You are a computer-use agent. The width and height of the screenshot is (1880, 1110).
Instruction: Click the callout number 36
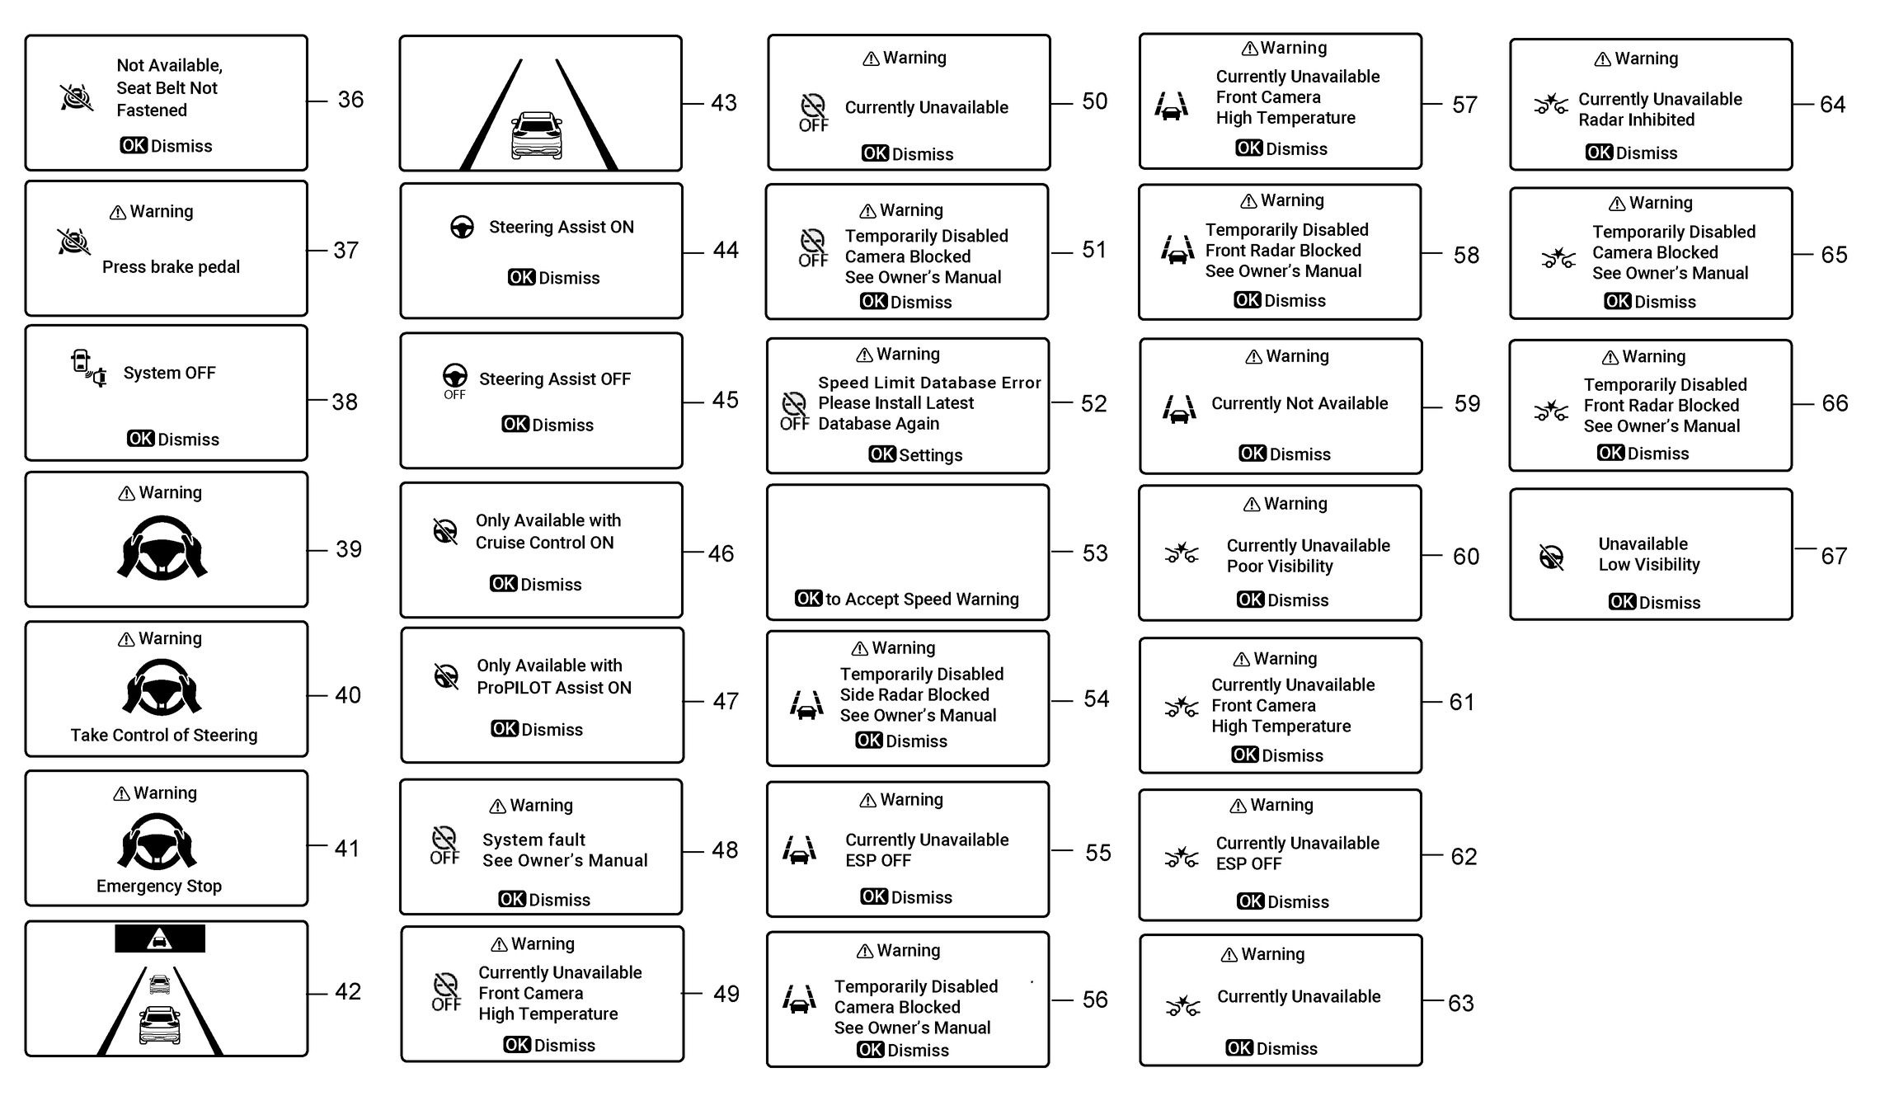pyautogui.click(x=350, y=100)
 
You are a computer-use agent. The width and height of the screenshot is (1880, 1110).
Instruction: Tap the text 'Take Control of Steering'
pyautogui.click(x=164, y=735)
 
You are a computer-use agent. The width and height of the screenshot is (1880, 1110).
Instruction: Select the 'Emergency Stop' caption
pyautogui.click(x=159, y=886)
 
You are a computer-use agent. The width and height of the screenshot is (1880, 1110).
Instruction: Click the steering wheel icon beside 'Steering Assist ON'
pyautogui.click(x=462, y=227)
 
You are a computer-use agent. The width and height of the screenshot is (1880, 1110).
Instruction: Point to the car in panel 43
pyautogui.click(x=537, y=135)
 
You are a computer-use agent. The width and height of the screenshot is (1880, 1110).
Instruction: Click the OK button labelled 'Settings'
pyautogui.click(x=881, y=454)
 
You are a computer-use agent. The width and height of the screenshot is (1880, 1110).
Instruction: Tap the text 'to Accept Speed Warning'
pyautogui.click(x=922, y=599)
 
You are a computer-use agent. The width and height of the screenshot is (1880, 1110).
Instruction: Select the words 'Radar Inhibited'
pyautogui.click(x=1636, y=120)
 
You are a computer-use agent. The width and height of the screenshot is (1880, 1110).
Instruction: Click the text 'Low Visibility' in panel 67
pyautogui.click(x=1649, y=565)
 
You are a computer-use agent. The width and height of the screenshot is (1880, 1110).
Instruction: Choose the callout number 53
pyautogui.click(x=1095, y=553)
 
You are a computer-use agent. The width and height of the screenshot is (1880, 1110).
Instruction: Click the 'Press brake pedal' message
pyautogui.click(x=171, y=267)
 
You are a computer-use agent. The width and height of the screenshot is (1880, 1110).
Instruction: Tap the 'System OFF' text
pyautogui.click(x=169, y=373)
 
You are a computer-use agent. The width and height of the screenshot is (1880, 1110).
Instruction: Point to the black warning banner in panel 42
pyautogui.click(x=160, y=938)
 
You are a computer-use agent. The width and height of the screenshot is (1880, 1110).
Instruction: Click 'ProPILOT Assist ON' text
pyautogui.click(x=554, y=688)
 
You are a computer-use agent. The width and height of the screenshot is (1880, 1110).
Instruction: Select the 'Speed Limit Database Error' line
pyautogui.click(x=929, y=383)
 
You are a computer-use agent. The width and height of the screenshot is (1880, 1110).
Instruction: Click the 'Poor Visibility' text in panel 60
pyautogui.click(x=1280, y=567)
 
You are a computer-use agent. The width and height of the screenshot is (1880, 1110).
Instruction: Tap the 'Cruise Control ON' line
pyautogui.click(x=544, y=543)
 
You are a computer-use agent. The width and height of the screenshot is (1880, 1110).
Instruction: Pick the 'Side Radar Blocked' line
pyautogui.click(x=914, y=694)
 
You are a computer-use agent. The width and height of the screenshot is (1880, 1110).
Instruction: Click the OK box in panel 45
pyautogui.click(x=515, y=425)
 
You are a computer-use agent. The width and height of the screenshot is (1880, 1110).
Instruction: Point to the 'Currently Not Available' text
pyautogui.click(x=1300, y=403)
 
